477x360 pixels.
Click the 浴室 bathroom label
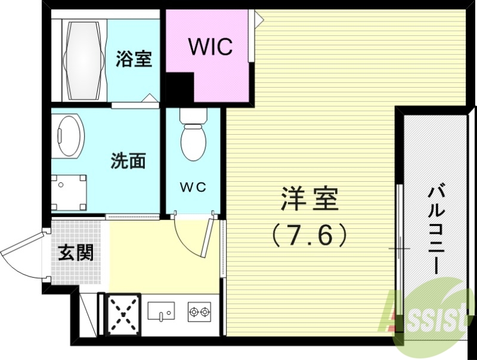[134, 59]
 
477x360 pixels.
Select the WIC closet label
[210, 47]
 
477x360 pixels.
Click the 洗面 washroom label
[128, 161]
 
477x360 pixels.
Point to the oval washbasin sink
[69, 136]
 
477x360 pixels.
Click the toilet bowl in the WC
[193, 141]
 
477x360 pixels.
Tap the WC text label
[193, 187]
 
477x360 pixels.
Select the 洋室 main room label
[309, 199]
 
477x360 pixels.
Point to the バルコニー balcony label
[434, 229]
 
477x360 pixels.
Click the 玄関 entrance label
[75, 253]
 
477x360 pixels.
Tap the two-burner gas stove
[199, 311]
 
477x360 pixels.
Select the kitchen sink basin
[160, 311]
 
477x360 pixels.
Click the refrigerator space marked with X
[123, 314]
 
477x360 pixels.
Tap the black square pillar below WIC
[179, 89]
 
